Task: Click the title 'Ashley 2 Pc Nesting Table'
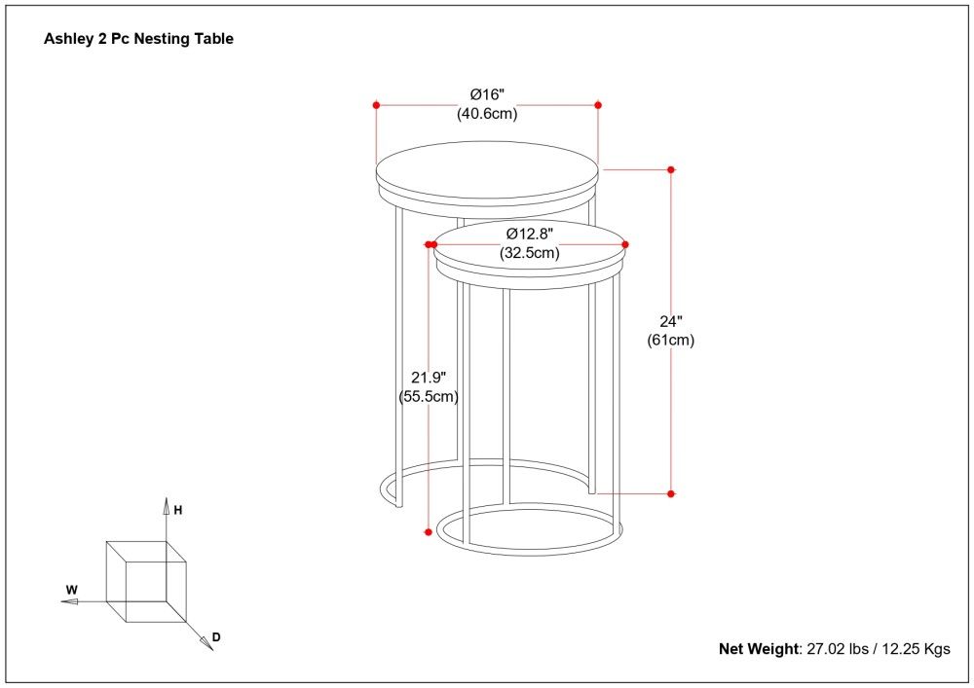coord(138,40)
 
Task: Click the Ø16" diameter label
coord(487,94)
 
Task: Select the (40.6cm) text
coord(487,113)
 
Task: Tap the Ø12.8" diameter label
coord(530,234)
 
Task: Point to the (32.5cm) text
coord(530,253)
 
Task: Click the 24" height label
coord(671,321)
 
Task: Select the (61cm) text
coord(671,340)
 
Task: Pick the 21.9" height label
coord(428,378)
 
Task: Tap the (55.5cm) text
coord(428,396)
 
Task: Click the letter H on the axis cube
coord(178,509)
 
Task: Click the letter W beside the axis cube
coord(71,590)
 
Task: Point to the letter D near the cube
coord(216,637)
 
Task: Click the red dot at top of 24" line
coord(671,169)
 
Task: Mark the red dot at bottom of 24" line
coord(671,493)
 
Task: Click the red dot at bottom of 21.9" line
coord(428,531)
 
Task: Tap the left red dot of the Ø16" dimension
coord(376,104)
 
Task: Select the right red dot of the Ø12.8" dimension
coord(625,244)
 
